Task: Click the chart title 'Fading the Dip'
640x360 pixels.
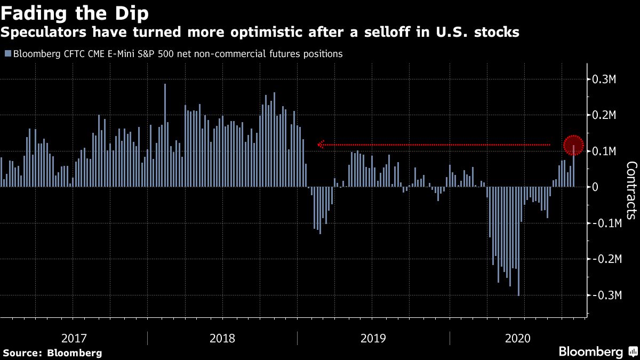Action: [x=75, y=14]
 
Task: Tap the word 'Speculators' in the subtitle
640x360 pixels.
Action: [x=43, y=32]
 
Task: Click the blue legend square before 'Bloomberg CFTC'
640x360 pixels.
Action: [x=8, y=53]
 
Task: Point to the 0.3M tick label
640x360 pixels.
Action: [x=604, y=79]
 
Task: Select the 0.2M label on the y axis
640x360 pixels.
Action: [x=604, y=115]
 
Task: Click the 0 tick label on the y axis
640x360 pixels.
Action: [x=595, y=187]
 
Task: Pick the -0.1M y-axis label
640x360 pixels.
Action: [x=606, y=223]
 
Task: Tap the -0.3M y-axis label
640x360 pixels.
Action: [x=606, y=295]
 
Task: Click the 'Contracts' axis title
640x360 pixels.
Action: [x=631, y=190]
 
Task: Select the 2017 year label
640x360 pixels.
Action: [x=74, y=338]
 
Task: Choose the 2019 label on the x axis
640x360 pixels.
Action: [x=373, y=338]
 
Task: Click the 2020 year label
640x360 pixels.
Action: [x=518, y=338]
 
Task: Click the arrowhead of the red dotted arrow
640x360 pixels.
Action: [x=321, y=145]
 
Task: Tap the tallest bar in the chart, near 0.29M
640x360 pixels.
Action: [x=165, y=135]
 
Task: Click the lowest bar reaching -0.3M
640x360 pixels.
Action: [x=518, y=242]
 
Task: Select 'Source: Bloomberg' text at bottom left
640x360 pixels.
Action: [x=53, y=353]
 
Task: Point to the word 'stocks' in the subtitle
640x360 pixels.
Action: [x=497, y=32]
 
